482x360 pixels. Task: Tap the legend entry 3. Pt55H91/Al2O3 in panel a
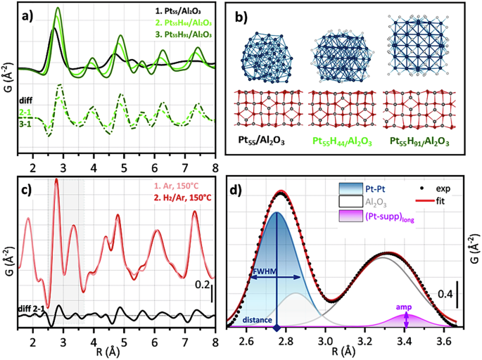pyautogui.click(x=186, y=34)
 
